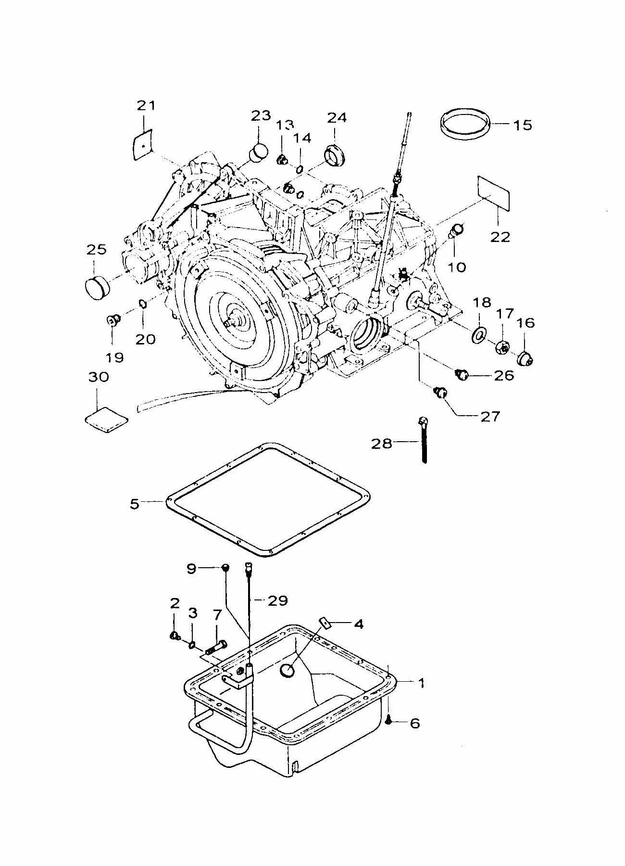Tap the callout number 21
tap(146, 105)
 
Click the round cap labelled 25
tap(98, 288)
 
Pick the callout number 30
tap(99, 377)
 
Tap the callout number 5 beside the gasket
tap(134, 504)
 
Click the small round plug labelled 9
tap(225, 569)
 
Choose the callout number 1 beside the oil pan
tap(421, 682)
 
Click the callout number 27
tap(490, 416)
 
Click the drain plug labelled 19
tap(113, 319)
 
